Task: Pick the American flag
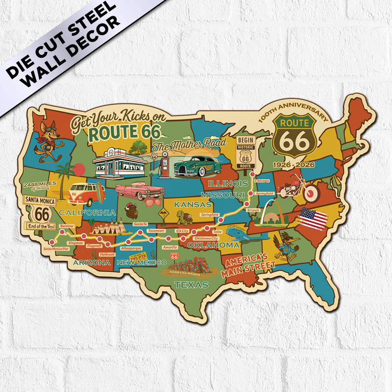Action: click(x=314, y=219)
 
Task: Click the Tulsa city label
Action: click(x=218, y=232)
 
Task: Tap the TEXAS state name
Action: click(x=191, y=285)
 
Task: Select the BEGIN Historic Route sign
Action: click(x=245, y=152)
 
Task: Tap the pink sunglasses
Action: click(x=152, y=202)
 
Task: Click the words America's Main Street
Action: click(x=247, y=265)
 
